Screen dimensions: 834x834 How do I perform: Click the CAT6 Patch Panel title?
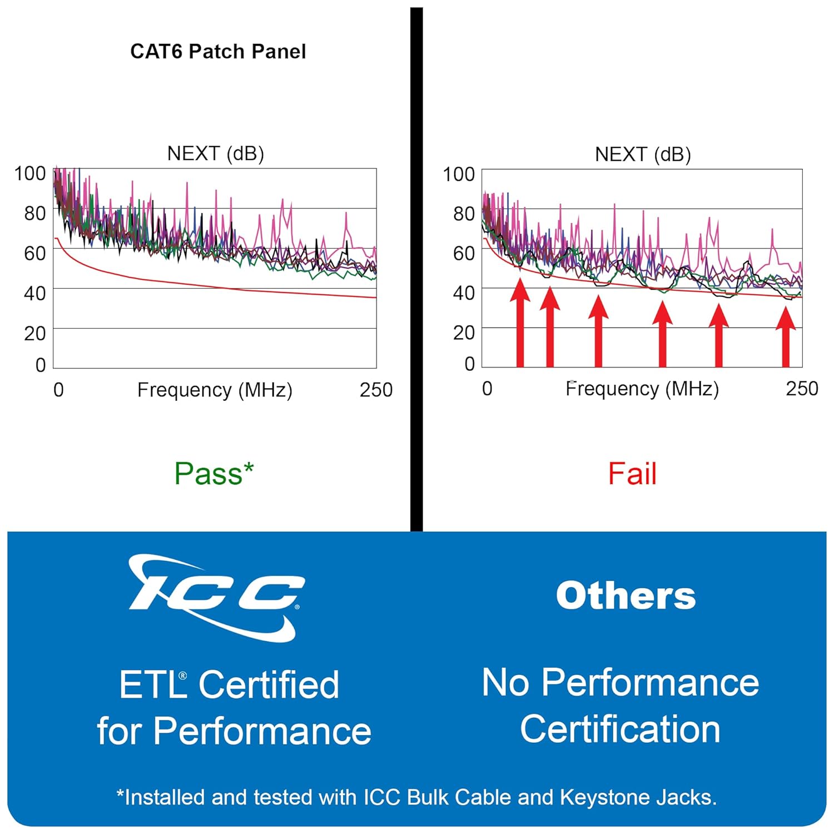(x=218, y=51)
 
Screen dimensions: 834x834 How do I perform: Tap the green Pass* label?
(x=214, y=474)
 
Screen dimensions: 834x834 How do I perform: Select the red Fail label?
(x=632, y=474)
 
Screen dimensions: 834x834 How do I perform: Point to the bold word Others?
(x=625, y=595)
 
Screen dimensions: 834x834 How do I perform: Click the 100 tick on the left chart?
(x=30, y=173)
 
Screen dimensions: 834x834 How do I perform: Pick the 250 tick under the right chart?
(x=802, y=389)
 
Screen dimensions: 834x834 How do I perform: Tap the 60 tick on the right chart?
(x=464, y=254)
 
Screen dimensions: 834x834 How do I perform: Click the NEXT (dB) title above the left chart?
(x=216, y=153)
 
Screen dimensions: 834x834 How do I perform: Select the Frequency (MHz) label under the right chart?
(x=642, y=389)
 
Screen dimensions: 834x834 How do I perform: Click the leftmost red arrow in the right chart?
(x=520, y=322)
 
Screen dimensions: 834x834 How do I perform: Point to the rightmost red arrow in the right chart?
(x=786, y=336)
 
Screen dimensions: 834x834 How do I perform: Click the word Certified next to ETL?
(x=269, y=684)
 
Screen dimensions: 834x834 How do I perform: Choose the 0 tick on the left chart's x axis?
(x=58, y=390)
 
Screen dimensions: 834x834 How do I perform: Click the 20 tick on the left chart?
(x=34, y=334)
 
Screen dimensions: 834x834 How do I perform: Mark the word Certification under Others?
(x=620, y=729)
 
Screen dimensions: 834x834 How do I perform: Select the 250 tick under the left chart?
(x=376, y=390)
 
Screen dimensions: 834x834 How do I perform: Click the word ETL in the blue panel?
(x=152, y=684)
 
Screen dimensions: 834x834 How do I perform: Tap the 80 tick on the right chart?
(x=464, y=214)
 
